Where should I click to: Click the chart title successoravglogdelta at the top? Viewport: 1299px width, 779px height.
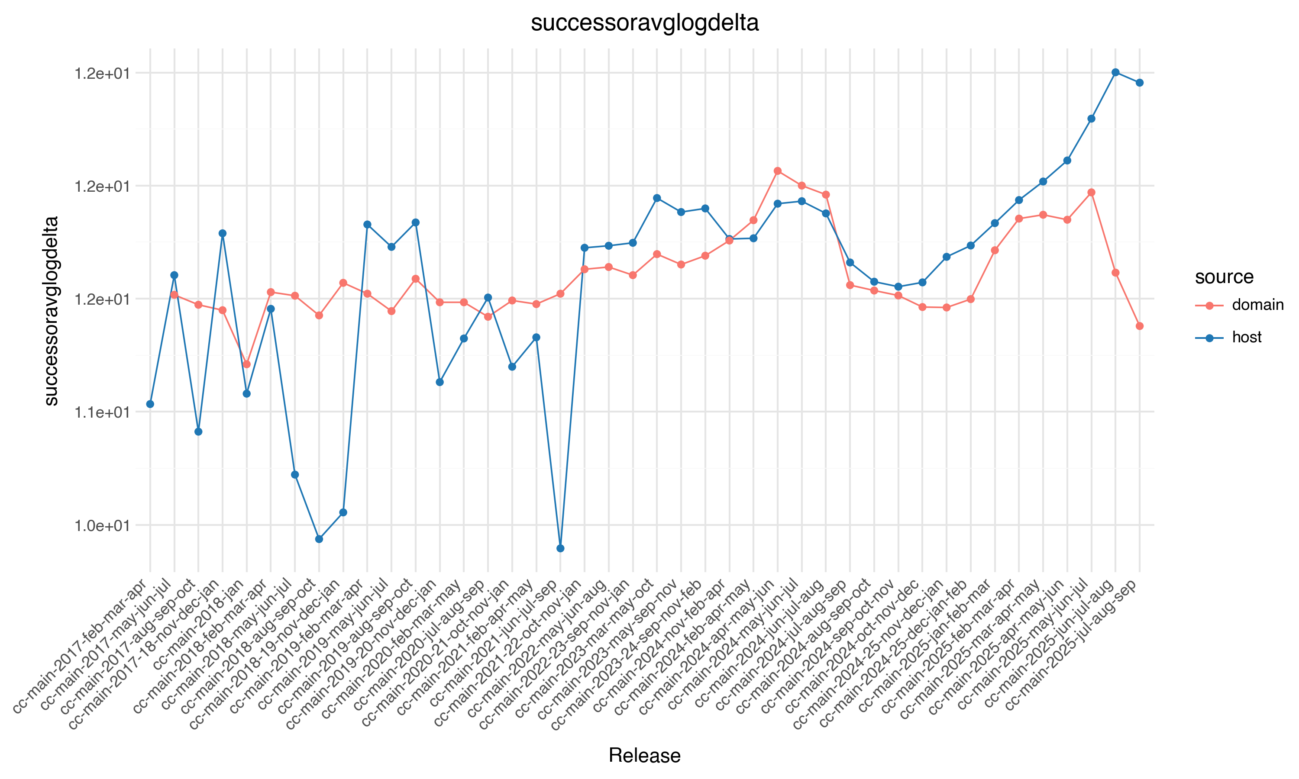644,23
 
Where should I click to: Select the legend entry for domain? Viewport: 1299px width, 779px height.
1257,305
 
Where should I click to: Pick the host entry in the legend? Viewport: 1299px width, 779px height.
1246,338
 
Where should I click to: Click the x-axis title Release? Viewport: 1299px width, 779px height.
644,755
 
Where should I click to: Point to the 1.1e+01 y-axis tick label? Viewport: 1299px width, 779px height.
102,412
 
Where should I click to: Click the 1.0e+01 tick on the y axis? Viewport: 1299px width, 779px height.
102,525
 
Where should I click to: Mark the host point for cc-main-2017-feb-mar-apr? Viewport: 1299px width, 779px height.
150,404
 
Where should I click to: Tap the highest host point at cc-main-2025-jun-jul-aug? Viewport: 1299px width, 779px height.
1115,72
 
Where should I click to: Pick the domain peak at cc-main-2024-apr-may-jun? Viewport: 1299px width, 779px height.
778,171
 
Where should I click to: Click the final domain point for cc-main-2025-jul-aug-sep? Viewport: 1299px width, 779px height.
1139,326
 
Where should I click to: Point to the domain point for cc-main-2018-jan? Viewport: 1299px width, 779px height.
247,364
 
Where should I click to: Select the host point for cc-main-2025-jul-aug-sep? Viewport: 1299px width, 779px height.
1139,82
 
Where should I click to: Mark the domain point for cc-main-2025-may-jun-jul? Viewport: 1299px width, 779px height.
1091,193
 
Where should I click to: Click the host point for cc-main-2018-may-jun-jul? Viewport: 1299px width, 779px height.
294,474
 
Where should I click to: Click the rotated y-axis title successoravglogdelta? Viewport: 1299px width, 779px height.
52,311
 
